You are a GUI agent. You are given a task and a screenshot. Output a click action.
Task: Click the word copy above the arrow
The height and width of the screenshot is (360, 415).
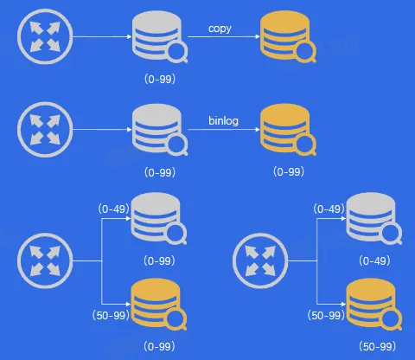(x=220, y=29)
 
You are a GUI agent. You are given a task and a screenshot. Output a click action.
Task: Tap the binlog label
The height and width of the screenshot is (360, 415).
(x=223, y=120)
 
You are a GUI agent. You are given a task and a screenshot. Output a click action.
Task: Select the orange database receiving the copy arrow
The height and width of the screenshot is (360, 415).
(x=288, y=36)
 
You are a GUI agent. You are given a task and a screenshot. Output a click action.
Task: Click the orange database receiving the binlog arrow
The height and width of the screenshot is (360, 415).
(x=288, y=130)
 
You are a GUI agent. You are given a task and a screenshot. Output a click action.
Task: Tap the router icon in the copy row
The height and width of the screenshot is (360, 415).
(x=45, y=36)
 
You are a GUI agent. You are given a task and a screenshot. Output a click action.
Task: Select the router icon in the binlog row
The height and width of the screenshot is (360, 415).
(x=45, y=130)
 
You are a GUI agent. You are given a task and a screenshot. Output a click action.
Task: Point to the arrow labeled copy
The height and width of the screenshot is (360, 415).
(x=224, y=36)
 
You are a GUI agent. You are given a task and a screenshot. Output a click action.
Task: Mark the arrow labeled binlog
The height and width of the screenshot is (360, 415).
(x=224, y=130)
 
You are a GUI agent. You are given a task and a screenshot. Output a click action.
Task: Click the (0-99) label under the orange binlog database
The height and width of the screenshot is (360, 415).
(x=289, y=172)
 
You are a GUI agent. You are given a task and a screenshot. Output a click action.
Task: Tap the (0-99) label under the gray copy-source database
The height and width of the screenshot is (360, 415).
(x=160, y=79)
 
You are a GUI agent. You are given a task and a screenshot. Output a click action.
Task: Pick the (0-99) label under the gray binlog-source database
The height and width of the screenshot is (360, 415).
(x=160, y=173)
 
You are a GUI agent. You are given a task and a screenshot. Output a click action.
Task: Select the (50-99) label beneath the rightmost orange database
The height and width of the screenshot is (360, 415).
(x=377, y=346)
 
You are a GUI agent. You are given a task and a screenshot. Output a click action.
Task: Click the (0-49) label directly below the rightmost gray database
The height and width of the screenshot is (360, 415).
(x=374, y=261)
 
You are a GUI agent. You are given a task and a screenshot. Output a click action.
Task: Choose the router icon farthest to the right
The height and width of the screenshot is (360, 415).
(x=260, y=260)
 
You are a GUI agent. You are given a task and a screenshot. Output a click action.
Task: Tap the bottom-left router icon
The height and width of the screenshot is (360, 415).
(x=45, y=260)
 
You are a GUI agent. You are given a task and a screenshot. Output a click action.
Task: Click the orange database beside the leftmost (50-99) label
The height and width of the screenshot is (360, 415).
(x=159, y=305)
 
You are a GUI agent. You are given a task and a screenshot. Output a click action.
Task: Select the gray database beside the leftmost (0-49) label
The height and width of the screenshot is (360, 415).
(x=159, y=219)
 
